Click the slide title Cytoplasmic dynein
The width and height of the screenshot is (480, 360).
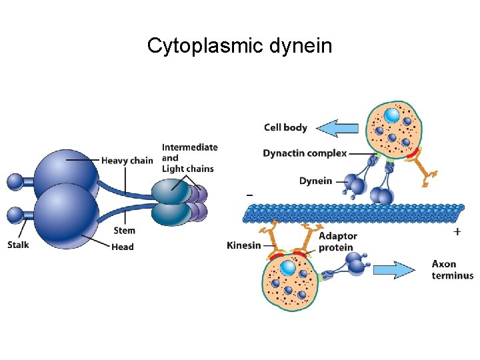point(239,46)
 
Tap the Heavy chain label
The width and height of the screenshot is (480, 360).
point(127,160)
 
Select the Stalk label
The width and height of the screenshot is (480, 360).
point(18,245)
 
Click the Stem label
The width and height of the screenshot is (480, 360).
point(124,231)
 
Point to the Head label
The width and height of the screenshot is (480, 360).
point(122,247)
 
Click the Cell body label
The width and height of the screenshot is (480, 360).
point(285,127)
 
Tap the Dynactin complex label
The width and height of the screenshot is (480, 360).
point(305,153)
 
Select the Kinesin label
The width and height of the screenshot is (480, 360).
point(243,245)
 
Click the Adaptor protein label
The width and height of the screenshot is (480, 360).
point(337,242)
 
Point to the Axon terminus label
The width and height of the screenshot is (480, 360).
point(452,270)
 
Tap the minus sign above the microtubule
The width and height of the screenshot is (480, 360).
point(249,195)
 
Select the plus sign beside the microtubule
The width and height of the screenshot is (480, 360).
point(457,231)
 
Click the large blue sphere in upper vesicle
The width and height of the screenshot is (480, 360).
point(392,115)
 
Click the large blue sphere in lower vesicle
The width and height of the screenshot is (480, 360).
point(288,268)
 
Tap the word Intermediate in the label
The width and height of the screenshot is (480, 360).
point(189,147)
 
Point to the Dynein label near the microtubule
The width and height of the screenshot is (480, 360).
point(315,181)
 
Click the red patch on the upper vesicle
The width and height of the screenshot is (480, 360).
point(413,154)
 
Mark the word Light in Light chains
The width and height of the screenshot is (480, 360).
point(173,169)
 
